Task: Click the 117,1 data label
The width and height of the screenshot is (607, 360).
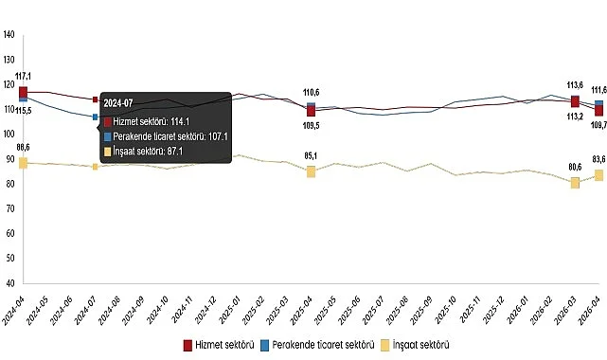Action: click(x=24, y=76)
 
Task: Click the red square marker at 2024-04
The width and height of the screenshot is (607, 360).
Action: click(x=23, y=91)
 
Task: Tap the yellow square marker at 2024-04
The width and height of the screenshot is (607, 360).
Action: click(x=23, y=163)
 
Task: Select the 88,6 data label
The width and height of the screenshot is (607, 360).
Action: click(x=24, y=147)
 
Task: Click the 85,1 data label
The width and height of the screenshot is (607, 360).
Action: click(x=311, y=155)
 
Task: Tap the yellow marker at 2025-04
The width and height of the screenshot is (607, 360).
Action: click(x=311, y=171)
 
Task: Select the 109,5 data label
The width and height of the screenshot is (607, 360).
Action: click(x=311, y=124)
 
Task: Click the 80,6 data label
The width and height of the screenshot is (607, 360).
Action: click(x=574, y=167)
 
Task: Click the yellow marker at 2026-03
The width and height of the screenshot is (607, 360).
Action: click(x=575, y=183)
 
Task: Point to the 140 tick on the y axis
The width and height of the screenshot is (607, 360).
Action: click(x=9, y=35)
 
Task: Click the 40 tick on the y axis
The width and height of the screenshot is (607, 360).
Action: click(x=9, y=283)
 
